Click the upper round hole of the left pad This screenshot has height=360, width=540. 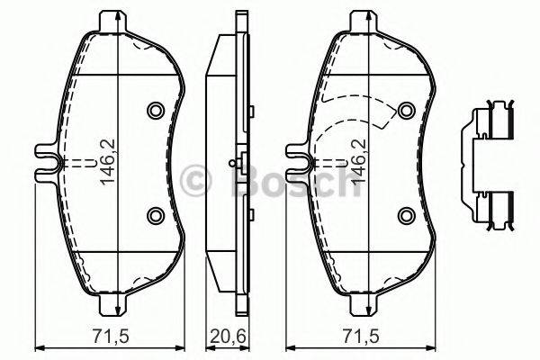coord(154,111)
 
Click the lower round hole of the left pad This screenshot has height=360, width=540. coord(154,214)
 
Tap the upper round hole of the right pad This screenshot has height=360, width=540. coord(407,111)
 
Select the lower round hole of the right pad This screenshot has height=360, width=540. coord(407,214)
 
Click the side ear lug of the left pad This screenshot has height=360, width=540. coord(46,163)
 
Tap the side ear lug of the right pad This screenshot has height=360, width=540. coord(298,163)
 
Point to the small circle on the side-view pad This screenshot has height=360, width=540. coord(233,164)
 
